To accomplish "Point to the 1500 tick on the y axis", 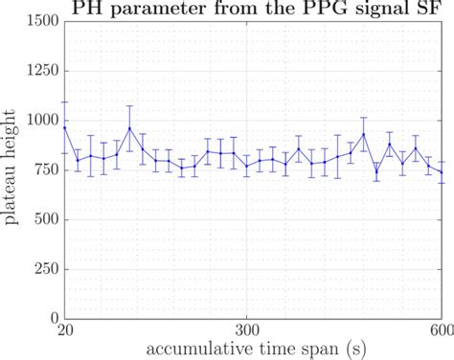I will [x=39, y=20].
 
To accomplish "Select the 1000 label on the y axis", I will [x=39, y=120].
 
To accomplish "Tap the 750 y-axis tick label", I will [x=44, y=169].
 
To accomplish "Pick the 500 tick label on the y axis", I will [x=44, y=219].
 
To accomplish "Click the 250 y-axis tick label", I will [x=44, y=269].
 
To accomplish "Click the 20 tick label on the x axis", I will [x=65, y=330].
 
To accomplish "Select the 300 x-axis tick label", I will [x=247, y=330].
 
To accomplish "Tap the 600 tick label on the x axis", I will [x=441, y=330].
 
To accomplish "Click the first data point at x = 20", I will [x=65, y=127].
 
